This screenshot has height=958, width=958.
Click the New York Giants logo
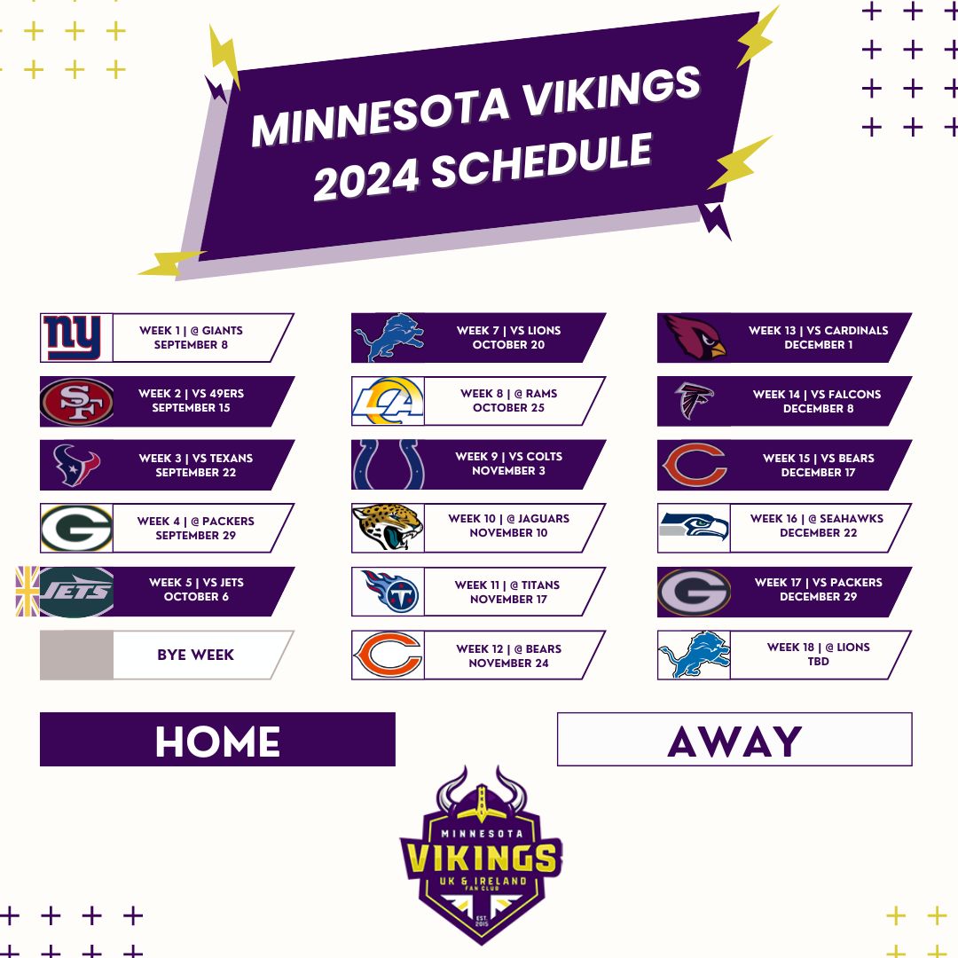72,338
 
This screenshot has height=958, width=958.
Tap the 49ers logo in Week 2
77,402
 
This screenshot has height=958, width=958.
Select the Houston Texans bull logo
76,465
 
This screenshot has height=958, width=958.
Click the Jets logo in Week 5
77,592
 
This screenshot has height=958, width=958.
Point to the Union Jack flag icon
27,592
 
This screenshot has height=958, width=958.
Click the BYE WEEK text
195,655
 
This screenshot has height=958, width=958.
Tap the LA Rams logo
388,402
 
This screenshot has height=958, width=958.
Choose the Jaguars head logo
388,527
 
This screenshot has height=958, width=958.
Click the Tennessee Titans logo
391,592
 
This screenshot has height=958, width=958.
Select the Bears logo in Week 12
388,655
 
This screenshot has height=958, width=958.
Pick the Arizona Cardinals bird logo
695,338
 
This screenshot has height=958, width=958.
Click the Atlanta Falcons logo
694,401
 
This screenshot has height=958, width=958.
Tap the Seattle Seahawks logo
695,527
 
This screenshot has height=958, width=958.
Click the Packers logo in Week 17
694,592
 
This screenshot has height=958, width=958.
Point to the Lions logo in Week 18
695,655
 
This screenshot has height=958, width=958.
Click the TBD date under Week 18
818,662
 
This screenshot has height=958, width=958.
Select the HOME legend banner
217,739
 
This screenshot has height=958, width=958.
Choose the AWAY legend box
734,739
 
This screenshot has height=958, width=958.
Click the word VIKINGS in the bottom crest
482,859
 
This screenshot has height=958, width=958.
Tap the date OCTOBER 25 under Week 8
508,408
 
